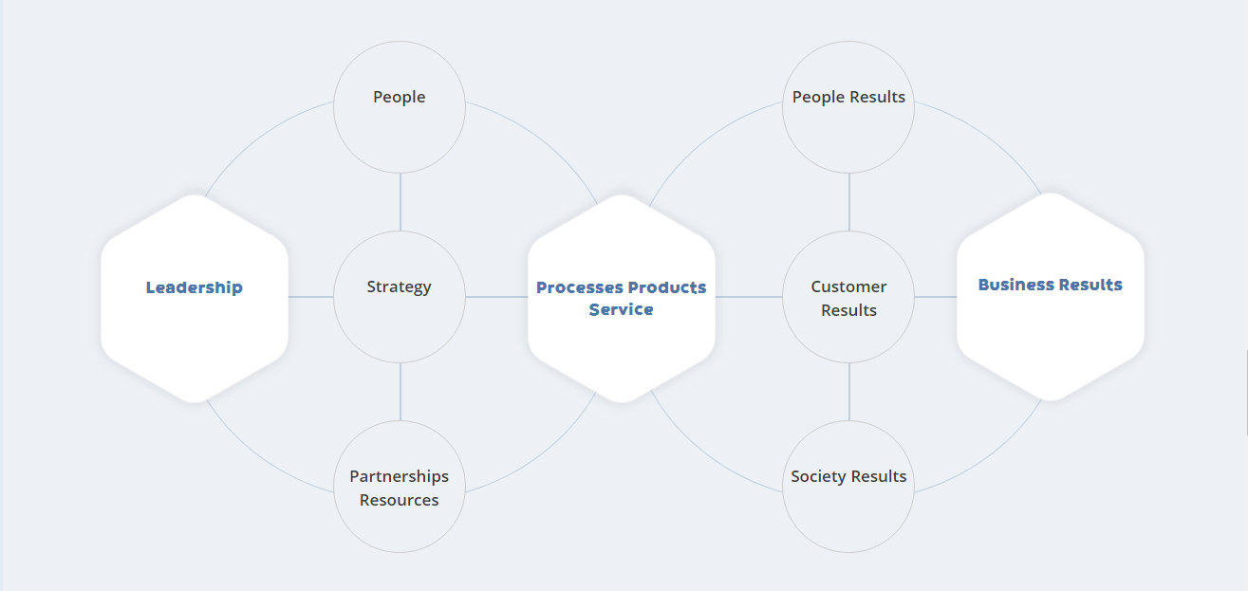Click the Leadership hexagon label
click(x=195, y=287)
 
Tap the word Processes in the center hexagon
click(x=580, y=287)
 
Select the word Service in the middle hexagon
click(x=622, y=309)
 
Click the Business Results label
click(x=1051, y=285)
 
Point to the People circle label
click(x=400, y=97)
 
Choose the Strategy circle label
click(x=399, y=286)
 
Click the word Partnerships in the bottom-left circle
click(x=399, y=477)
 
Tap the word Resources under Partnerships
click(x=399, y=500)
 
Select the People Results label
click(x=848, y=97)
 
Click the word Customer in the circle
click(x=848, y=286)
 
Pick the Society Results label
click(x=848, y=477)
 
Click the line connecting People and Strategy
click(x=400, y=202)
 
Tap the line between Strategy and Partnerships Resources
click(x=400, y=392)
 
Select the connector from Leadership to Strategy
click(x=311, y=297)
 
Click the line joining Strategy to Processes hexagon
click(x=496, y=297)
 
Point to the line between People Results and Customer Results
click(x=849, y=202)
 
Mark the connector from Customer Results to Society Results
click(x=849, y=392)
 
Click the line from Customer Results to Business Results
click(x=936, y=297)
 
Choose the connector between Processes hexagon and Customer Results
click(x=749, y=297)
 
